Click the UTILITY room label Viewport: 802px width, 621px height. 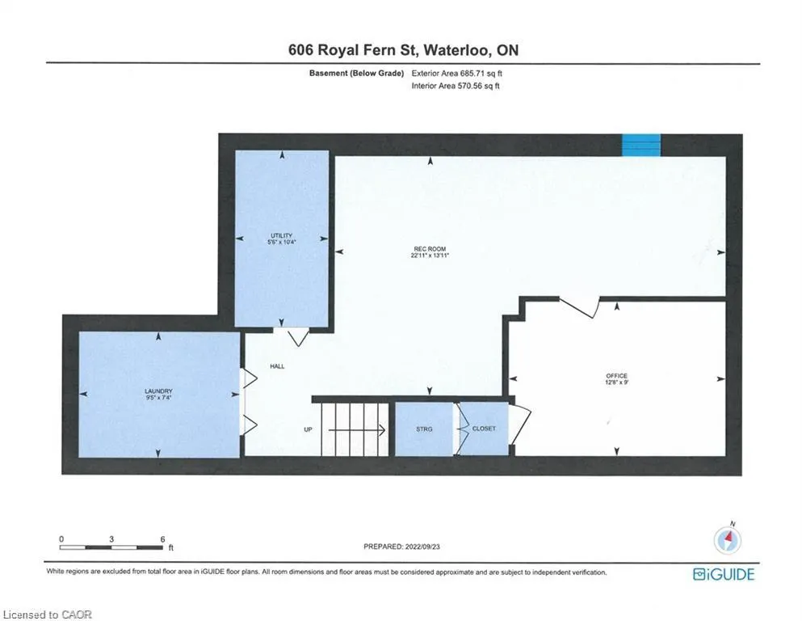tap(281, 235)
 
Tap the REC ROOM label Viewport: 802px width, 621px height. tap(430, 249)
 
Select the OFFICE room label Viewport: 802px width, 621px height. tap(616, 376)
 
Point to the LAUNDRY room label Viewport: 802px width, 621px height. tap(158, 391)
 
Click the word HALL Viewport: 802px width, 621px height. tap(277, 366)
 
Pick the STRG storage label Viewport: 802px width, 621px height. tap(424, 429)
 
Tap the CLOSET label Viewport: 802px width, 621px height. tap(484, 429)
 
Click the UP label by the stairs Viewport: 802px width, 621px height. tap(308, 429)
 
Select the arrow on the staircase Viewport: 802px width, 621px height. tap(357, 430)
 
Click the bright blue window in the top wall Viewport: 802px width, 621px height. tap(641, 145)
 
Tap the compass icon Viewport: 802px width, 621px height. tap(728, 539)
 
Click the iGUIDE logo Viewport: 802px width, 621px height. tap(724, 574)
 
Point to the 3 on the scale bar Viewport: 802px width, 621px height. tap(111, 539)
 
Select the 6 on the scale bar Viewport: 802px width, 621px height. tap(162, 539)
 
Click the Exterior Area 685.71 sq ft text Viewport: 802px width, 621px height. tap(457, 74)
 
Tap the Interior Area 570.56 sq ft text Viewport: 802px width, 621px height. tap(456, 86)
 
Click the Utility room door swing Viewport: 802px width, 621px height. tap(298, 337)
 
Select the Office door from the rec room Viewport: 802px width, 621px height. tap(580, 307)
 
